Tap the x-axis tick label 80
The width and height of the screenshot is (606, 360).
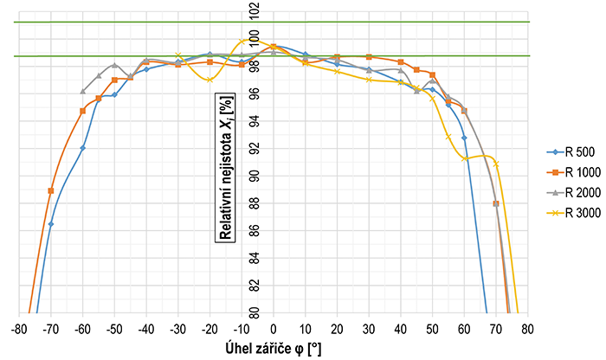point(527,329)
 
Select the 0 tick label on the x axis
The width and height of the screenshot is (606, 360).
point(273,329)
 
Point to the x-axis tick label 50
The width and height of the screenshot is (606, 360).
point(432,329)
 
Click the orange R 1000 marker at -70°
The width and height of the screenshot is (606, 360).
point(51,190)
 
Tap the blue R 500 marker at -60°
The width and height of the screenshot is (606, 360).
point(82,148)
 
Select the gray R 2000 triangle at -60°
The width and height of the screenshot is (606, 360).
point(82,91)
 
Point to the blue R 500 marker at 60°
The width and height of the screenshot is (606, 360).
point(464,138)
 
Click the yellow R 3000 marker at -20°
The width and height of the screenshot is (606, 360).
point(210,80)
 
